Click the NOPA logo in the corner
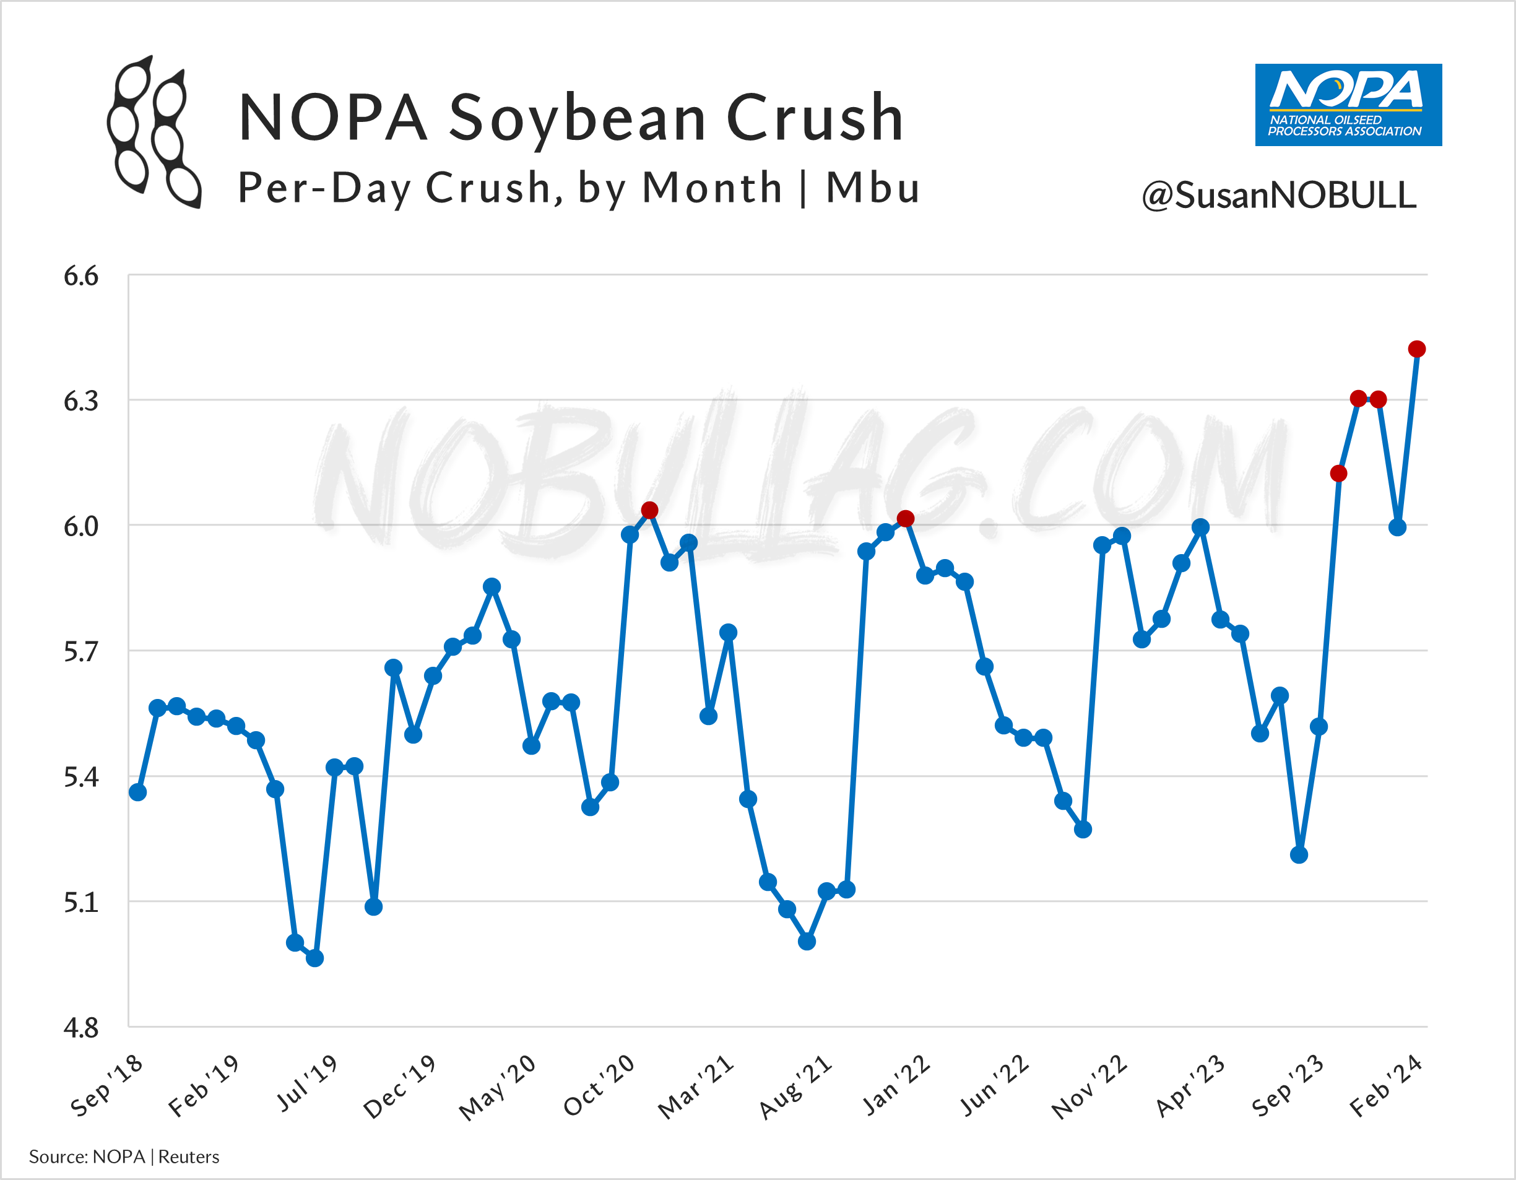pos(1348,105)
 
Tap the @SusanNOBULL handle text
pos(1279,195)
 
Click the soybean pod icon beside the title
pos(154,132)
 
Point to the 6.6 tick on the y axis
pos(81,276)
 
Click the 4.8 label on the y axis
pos(81,1028)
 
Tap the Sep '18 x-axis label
pos(108,1086)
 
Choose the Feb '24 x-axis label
pos(1386,1087)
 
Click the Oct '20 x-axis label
pos(600,1087)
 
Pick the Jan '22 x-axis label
pos(896,1086)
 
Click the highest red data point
pos(1417,349)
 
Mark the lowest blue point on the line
pos(314,958)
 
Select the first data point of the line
pos(137,792)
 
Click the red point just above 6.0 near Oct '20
pos(649,511)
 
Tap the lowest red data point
pos(905,519)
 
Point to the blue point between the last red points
pos(1397,527)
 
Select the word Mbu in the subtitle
pos(873,188)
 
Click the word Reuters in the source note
pos(188,1157)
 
